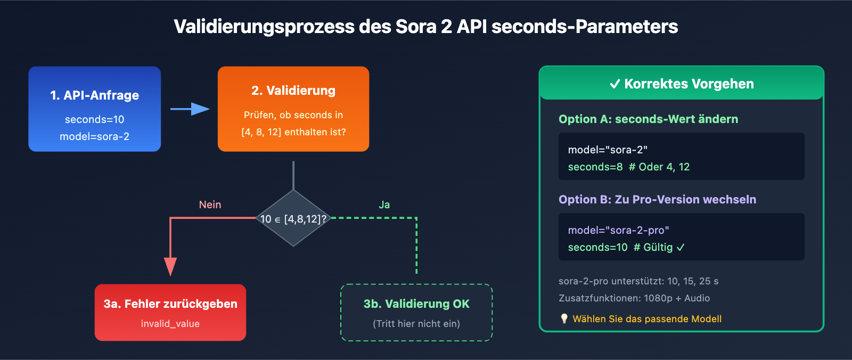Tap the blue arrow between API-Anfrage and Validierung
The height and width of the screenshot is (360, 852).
pos(190,109)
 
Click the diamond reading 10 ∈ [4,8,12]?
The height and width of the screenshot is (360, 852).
pos(293,219)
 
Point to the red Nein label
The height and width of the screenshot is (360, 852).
pos(210,204)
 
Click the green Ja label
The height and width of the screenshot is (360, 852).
pos(384,204)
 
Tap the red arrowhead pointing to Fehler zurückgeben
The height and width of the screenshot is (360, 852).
pos(170,266)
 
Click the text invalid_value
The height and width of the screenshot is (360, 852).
pos(170,324)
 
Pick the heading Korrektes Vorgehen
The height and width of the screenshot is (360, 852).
pos(689,84)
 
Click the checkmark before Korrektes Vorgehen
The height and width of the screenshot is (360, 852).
pos(615,84)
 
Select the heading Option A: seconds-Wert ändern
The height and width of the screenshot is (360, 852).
pos(648,119)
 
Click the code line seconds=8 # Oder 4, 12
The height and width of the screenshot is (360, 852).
pos(628,167)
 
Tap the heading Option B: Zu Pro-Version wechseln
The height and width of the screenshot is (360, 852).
pos(657,200)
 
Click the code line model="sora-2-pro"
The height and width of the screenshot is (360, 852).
pos(618,231)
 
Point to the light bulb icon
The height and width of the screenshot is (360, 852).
pos(564,318)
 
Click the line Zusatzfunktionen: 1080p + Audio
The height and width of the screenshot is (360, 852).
pos(634,298)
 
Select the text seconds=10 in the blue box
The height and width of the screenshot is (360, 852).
pos(94,120)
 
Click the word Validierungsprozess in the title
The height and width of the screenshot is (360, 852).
pos(264,27)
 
